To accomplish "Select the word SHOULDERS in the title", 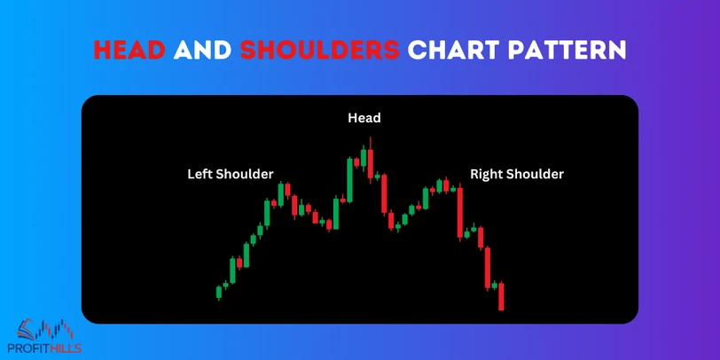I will click(x=318, y=50).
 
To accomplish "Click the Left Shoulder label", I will click(x=231, y=174).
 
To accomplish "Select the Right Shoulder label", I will click(x=517, y=174).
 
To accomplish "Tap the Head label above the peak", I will click(x=364, y=118).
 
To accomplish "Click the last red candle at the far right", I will click(x=501, y=296).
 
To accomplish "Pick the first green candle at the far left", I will click(x=219, y=292).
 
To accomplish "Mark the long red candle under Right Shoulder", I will click(x=460, y=211).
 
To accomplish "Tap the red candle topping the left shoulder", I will click(x=287, y=189).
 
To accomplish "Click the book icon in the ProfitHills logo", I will click(x=27, y=328).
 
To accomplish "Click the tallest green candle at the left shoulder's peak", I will click(x=280, y=193).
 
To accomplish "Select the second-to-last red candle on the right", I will click(x=488, y=268).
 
